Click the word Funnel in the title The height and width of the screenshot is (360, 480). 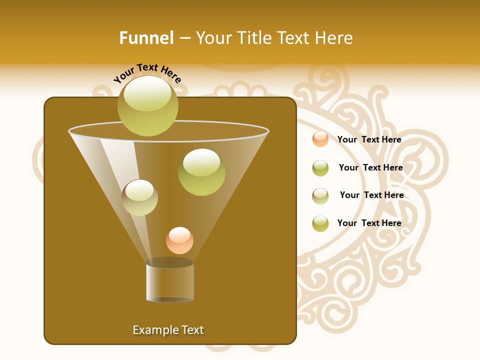146,38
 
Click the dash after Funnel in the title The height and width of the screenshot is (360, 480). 184,38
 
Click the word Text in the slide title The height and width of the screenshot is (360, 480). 295,38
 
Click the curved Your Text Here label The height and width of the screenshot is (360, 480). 147,73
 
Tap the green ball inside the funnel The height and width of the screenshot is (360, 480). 201,172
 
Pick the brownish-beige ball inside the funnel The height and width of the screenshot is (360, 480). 139,197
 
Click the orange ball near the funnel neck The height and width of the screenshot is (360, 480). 179,240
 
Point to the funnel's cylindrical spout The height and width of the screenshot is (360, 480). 169,282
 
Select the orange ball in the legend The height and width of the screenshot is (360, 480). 320,139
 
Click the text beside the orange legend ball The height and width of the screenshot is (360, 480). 369,139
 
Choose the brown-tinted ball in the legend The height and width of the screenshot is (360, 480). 320,196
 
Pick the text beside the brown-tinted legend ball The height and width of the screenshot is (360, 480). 371,195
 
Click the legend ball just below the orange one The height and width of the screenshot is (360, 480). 320,168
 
